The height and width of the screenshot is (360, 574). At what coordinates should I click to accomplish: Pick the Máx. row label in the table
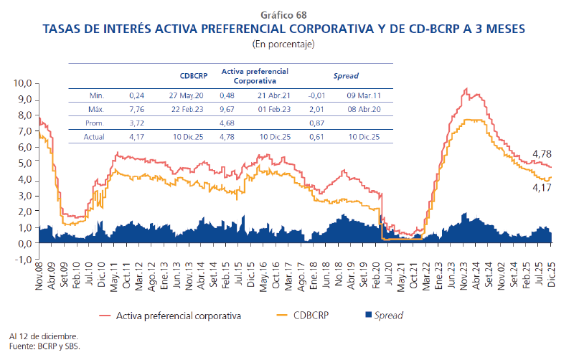[97, 109]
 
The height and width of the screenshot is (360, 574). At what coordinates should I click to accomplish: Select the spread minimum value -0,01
[316, 95]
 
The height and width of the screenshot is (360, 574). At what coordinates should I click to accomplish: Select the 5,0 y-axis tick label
[25, 163]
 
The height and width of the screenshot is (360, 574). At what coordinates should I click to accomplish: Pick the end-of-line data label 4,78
[542, 154]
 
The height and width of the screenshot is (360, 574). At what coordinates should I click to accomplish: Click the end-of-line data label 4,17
[542, 188]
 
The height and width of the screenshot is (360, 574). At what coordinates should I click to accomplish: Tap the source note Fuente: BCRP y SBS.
[44, 346]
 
